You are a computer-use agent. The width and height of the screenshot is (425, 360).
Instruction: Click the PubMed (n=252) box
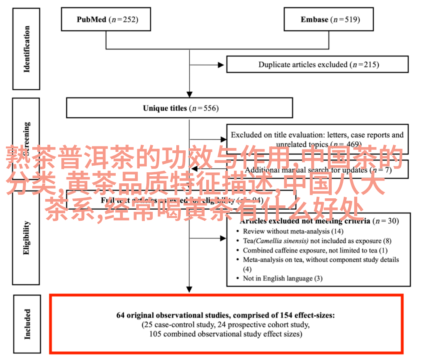105,19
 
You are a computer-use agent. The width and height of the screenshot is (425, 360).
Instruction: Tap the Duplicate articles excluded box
317,64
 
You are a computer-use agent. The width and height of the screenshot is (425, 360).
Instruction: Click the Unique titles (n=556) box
179,108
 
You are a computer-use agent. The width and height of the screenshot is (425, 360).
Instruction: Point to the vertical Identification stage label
26,49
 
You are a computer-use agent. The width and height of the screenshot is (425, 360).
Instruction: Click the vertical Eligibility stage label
26,238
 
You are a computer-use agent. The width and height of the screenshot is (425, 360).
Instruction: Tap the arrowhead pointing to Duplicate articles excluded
223,64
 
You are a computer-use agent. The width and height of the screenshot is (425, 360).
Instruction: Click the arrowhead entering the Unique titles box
189,94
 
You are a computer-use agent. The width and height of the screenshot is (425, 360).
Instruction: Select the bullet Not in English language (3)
283,278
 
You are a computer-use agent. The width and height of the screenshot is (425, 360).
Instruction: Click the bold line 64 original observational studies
225,315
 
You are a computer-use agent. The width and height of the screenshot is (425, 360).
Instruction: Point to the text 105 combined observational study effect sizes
225,334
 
